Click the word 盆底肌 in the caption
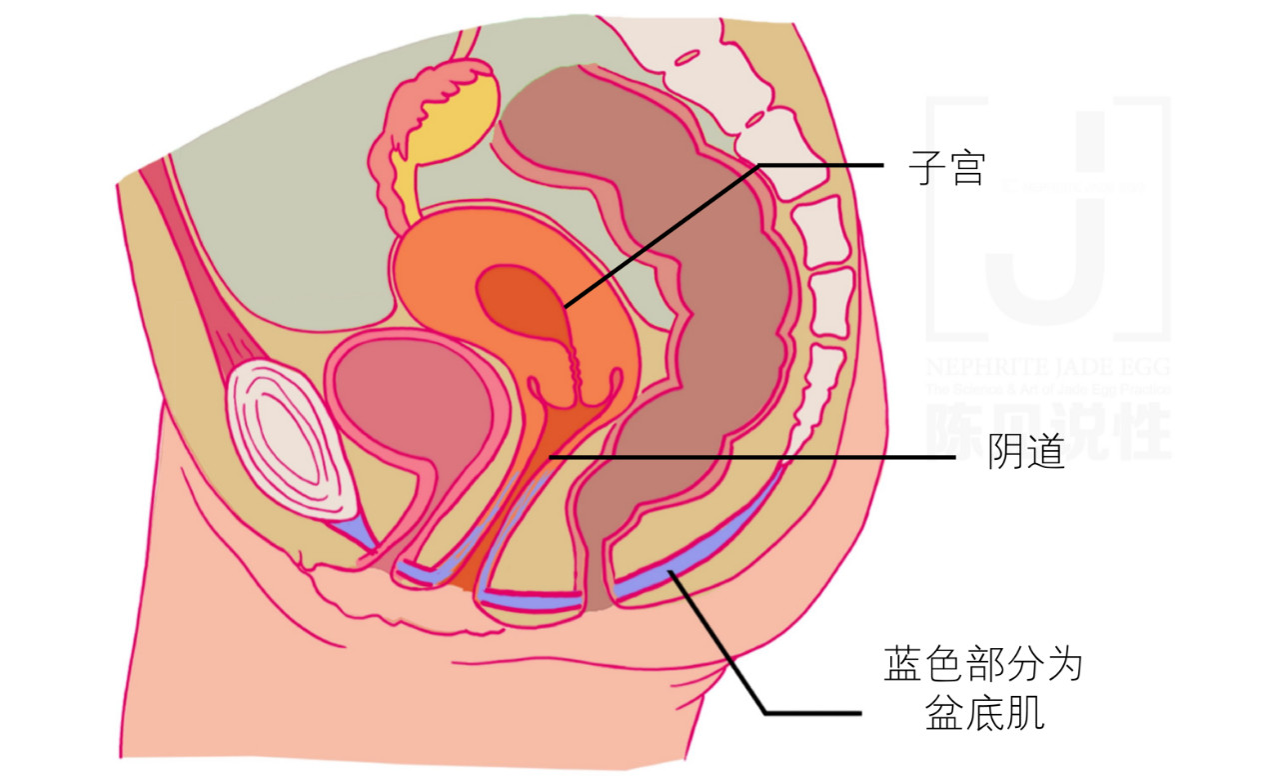tap(983, 714)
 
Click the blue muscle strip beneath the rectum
tap(689, 560)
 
